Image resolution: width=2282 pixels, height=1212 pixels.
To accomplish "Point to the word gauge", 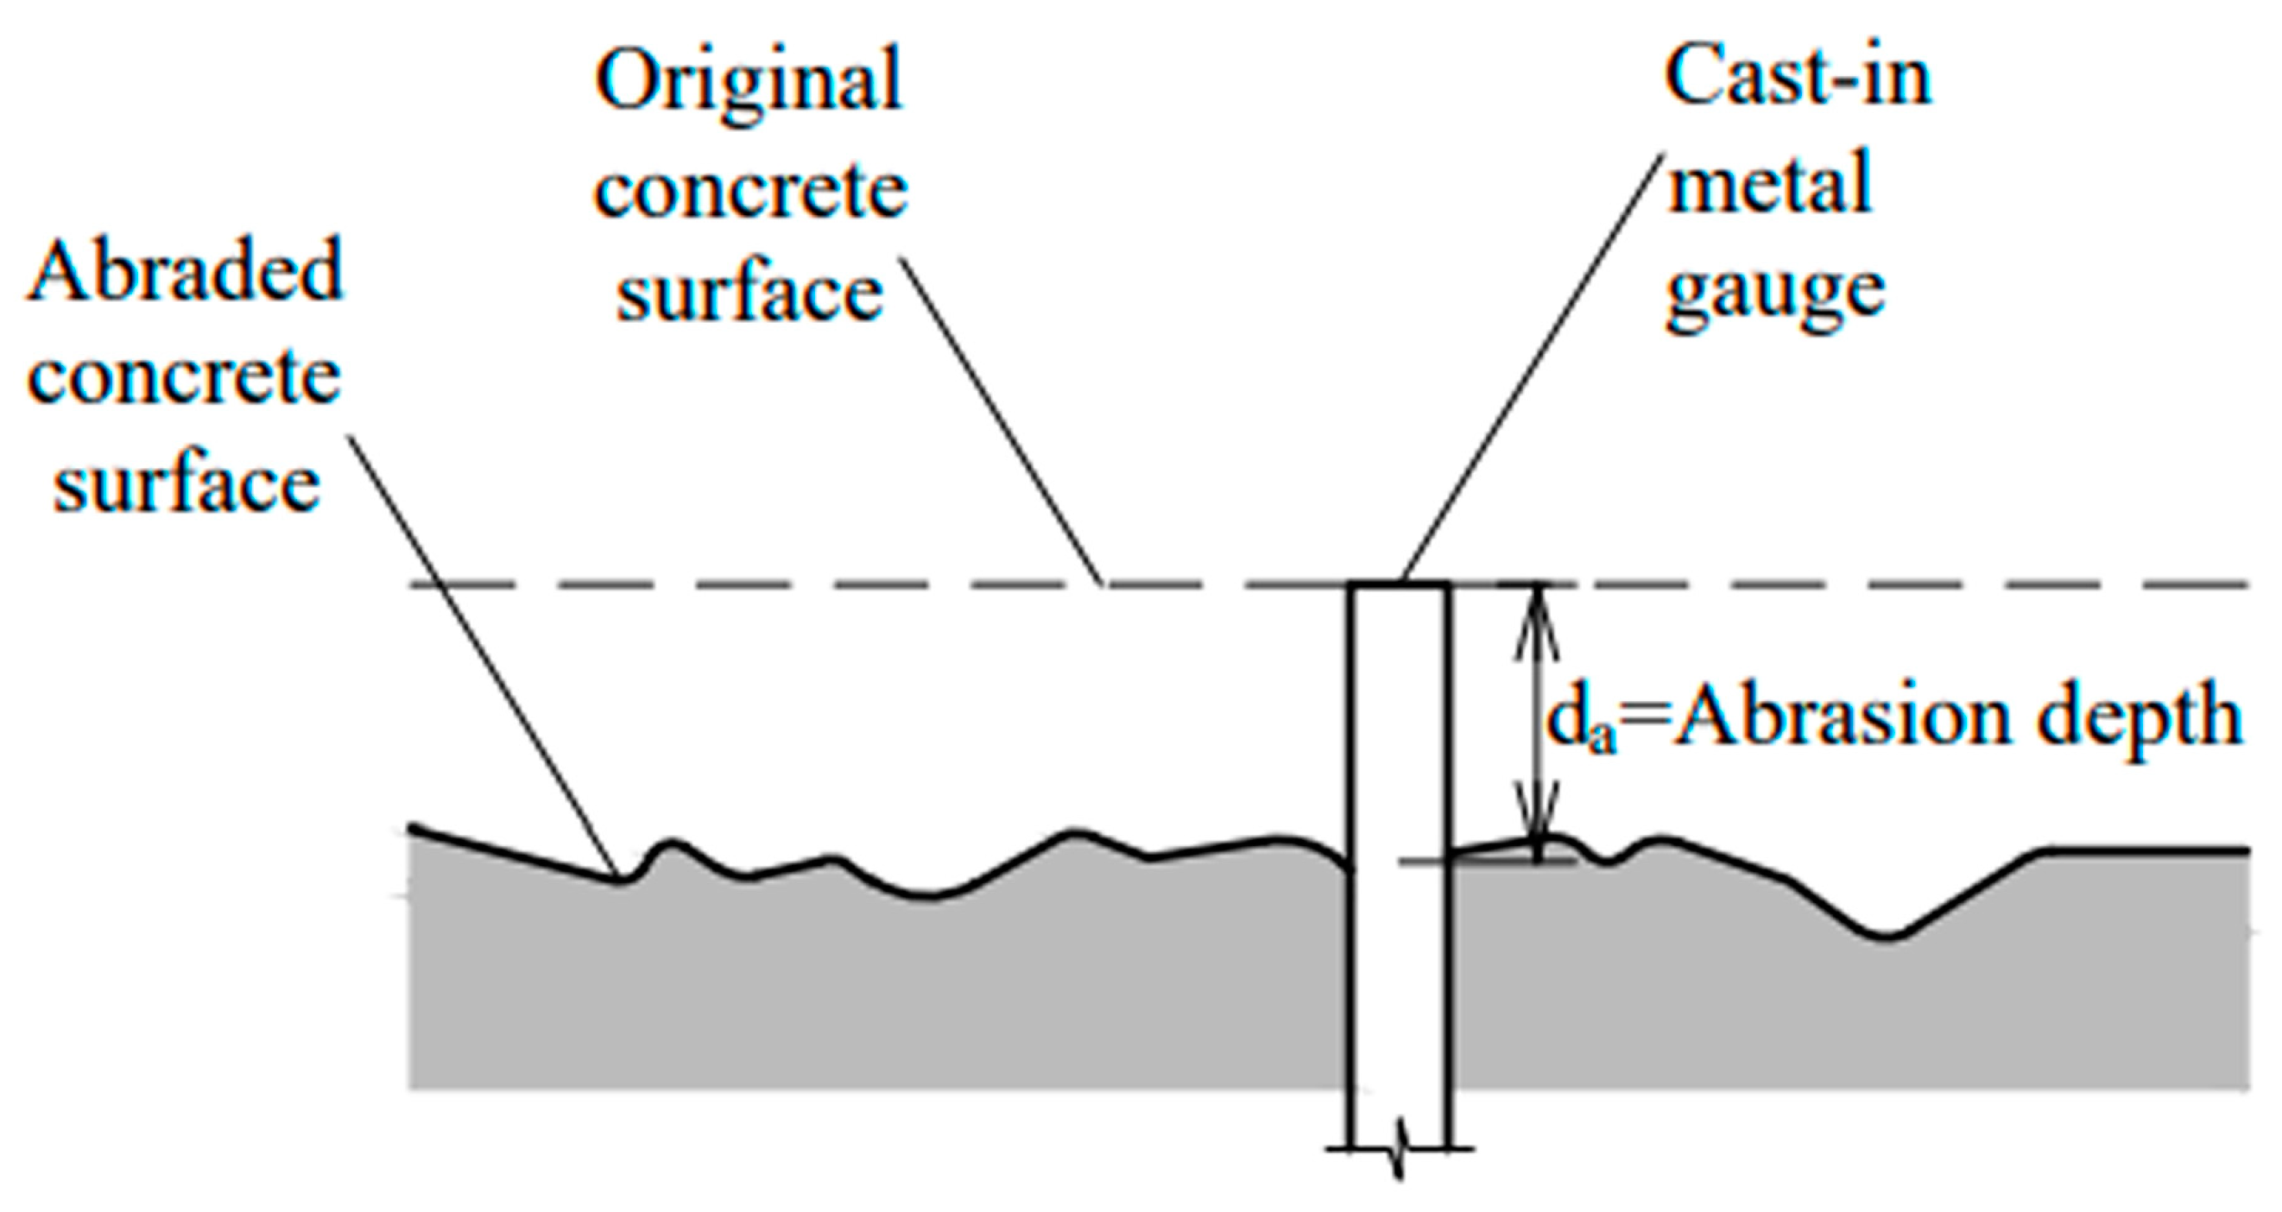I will coord(1775,293).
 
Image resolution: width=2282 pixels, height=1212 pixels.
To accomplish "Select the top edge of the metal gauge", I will coord(1400,585).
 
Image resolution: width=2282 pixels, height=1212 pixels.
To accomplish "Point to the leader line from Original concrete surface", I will coord(1001,421).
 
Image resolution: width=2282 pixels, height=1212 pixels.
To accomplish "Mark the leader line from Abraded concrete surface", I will coord(483,655).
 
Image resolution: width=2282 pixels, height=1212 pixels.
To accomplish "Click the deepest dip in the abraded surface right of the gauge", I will coord(1887,935).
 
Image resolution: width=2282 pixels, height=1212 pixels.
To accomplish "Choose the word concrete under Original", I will coord(751,191).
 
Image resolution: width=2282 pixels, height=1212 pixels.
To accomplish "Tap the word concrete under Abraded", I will coord(184,378).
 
